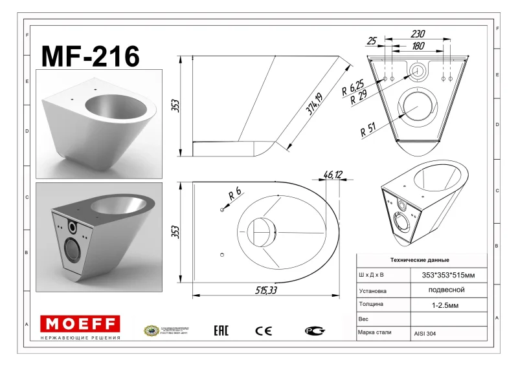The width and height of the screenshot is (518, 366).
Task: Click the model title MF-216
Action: (90, 57)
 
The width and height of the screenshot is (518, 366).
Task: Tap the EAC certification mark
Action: (221, 331)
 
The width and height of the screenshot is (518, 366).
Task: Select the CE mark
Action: (264, 331)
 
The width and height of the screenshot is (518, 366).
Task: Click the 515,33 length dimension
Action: (265, 291)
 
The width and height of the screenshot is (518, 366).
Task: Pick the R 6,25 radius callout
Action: (352, 85)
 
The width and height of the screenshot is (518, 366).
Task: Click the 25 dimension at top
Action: (372, 41)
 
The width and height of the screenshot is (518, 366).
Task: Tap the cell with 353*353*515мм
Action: (447, 275)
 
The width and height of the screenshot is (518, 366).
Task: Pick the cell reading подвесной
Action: (447, 290)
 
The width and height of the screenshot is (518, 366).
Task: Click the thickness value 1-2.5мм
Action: (447, 305)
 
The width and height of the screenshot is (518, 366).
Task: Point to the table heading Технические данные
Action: (422, 259)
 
